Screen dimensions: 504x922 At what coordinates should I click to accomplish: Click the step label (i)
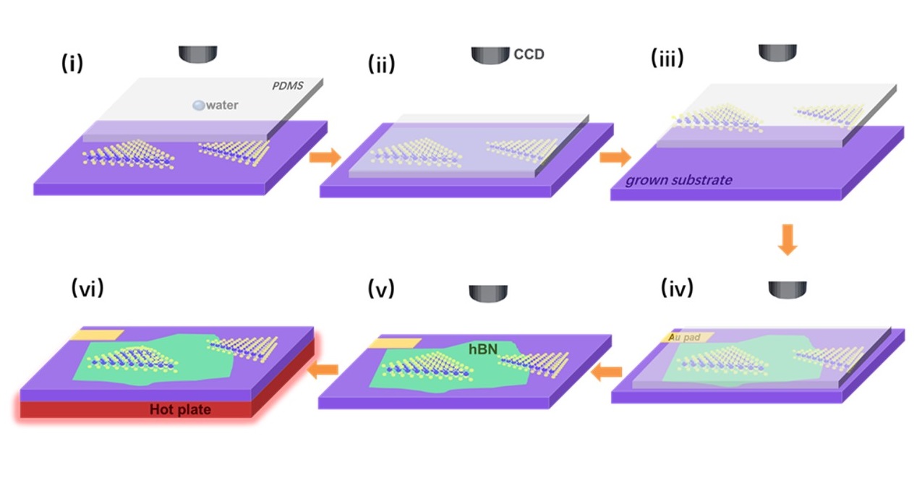[72, 64]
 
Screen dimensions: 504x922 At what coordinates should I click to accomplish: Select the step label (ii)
[381, 64]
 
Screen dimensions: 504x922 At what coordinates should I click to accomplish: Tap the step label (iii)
[667, 58]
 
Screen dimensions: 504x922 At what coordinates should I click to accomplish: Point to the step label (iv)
[677, 288]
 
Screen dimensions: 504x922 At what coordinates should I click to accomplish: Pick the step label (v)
[380, 289]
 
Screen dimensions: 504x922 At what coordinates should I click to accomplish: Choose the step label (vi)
[87, 288]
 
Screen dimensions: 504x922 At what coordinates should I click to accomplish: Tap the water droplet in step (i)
[197, 106]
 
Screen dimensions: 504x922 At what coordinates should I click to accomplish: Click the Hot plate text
[180, 410]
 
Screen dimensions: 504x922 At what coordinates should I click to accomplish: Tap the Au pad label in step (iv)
[686, 337]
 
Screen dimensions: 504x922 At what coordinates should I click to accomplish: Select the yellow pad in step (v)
[393, 342]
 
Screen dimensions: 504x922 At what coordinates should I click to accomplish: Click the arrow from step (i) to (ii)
[325, 156]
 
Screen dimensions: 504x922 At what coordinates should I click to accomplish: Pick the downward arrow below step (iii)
[787, 239]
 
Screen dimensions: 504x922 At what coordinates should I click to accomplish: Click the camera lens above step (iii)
[777, 52]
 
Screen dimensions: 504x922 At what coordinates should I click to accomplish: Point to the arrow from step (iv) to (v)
[607, 372]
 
